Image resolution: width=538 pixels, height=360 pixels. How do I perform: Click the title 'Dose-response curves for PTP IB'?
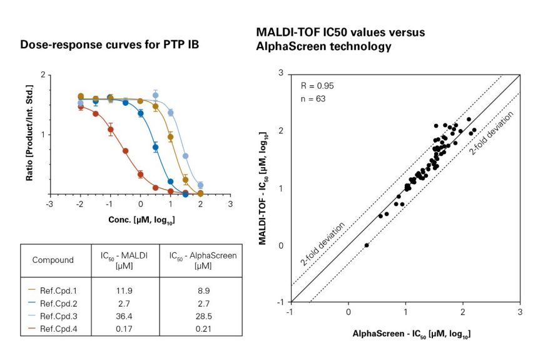click(x=109, y=45)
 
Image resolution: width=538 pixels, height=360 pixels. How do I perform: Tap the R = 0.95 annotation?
click(x=317, y=86)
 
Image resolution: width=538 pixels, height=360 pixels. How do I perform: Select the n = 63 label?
click(x=313, y=99)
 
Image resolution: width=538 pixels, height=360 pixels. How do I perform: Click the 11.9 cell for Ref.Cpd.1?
click(x=124, y=291)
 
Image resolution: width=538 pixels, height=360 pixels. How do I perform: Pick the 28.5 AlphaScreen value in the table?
click(x=203, y=316)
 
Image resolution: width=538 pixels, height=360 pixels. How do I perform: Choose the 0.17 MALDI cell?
click(x=124, y=329)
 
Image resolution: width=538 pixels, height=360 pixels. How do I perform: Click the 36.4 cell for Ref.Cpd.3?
click(x=124, y=316)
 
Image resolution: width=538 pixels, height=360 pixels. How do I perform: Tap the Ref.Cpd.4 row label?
click(x=58, y=329)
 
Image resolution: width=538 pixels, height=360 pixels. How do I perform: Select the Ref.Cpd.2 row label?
click(x=58, y=304)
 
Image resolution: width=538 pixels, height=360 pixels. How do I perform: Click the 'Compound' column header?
click(x=53, y=260)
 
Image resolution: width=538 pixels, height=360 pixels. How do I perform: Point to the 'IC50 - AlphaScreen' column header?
click(x=203, y=260)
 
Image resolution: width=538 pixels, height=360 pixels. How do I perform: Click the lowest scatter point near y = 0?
click(x=367, y=245)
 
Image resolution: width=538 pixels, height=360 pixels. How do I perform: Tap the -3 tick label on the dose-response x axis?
click(x=50, y=204)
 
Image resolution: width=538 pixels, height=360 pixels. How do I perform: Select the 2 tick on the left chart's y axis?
click(x=43, y=75)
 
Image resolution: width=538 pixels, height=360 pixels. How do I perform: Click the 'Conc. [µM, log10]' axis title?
click(x=141, y=220)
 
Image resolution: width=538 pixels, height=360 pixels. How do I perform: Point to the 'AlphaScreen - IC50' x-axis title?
click(x=412, y=334)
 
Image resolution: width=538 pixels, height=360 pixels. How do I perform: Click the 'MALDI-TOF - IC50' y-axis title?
click(x=263, y=188)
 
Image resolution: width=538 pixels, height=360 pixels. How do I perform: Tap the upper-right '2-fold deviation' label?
click(x=491, y=133)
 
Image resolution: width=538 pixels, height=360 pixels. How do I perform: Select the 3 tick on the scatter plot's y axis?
click(x=281, y=73)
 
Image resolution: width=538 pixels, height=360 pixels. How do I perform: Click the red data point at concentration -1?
click(x=111, y=130)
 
